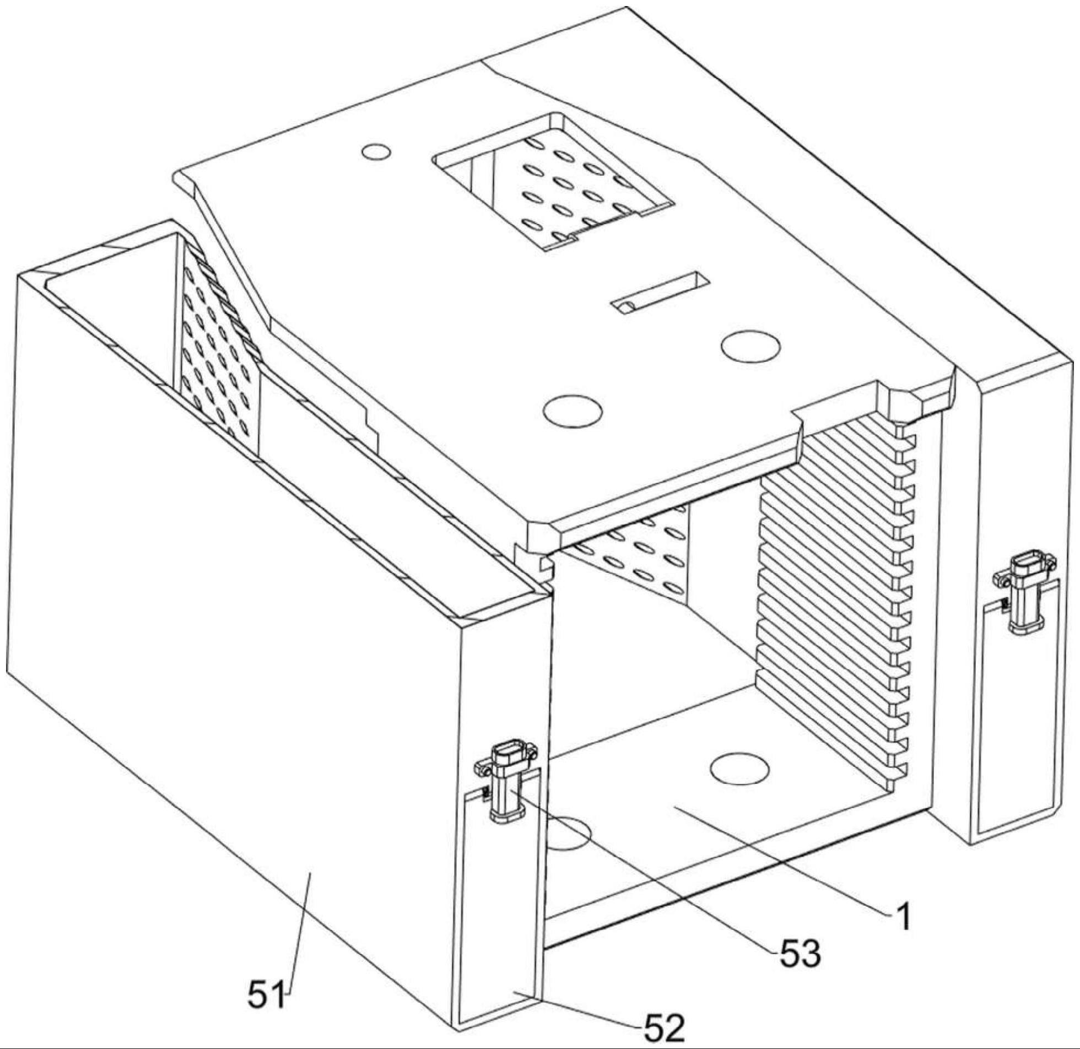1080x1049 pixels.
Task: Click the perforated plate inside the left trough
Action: click(219, 342)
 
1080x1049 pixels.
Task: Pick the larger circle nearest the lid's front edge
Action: click(571, 410)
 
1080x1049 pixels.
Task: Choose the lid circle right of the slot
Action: click(751, 346)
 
